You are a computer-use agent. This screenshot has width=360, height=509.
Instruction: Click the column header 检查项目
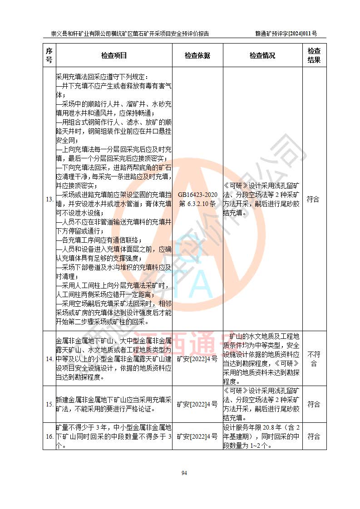click(114, 56)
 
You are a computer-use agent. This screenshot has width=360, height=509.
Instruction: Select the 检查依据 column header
click(197, 56)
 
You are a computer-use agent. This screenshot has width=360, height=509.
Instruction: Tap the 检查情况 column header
click(262, 56)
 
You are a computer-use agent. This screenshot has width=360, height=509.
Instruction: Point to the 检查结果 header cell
click(314, 55)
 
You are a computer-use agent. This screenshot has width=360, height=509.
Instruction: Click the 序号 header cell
click(49, 55)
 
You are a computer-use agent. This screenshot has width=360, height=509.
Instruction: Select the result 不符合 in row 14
click(314, 359)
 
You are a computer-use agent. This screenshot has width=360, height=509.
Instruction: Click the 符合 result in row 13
click(313, 199)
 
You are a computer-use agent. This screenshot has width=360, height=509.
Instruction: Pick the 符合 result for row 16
click(313, 436)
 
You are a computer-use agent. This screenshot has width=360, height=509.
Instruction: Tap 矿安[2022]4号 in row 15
click(197, 404)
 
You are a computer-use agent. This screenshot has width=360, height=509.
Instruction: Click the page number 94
click(184, 473)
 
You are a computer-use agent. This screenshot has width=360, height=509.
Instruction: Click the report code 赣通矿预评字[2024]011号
click(286, 34)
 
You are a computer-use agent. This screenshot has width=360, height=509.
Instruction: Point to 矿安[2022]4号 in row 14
click(197, 359)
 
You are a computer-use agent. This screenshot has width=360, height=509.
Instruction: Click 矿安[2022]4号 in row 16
click(197, 436)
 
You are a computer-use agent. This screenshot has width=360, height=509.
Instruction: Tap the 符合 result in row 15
click(313, 404)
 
